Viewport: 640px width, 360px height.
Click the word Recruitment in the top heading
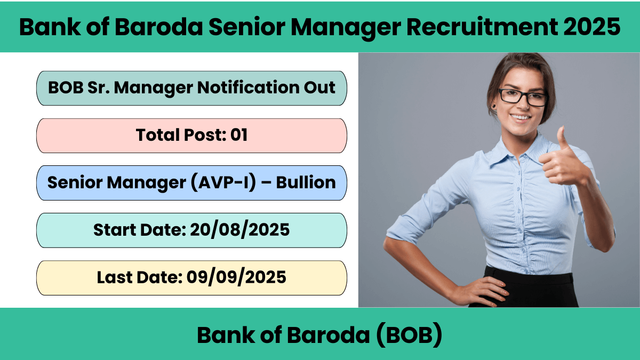tap(482, 27)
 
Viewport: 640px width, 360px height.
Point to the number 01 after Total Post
tap(239, 135)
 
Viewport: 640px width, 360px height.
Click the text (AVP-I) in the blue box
tap(223, 182)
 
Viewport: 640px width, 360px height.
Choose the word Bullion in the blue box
tap(306, 182)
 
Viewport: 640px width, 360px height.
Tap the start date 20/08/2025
tap(239, 230)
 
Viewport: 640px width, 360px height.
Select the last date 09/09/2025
tap(236, 277)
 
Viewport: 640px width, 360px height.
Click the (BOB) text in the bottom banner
tap(409, 335)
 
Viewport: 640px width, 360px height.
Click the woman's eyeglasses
tap(523, 98)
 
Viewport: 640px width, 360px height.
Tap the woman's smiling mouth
tap(521, 118)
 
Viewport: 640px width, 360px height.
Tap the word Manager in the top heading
tap(346, 28)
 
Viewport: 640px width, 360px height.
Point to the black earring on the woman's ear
tap(494, 107)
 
